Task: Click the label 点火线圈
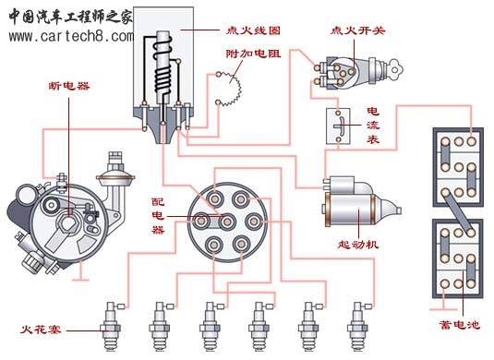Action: pos(253,30)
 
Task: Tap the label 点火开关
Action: pos(357,30)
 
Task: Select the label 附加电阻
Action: pos(253,54)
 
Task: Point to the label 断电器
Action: pos(69,86)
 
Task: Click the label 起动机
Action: pos(358,245)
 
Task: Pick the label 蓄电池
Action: pos(459,324)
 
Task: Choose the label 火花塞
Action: pos(41,330)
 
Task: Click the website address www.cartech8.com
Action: pos(71,37)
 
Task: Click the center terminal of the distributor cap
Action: pos(227,222)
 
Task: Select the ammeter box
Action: pos(338,126)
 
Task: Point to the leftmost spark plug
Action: pos(111,327)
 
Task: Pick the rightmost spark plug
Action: pos(358,327)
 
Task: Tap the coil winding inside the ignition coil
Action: pos(163,66)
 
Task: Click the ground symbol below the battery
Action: pos(443,309)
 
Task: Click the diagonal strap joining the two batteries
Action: pos(457,212)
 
